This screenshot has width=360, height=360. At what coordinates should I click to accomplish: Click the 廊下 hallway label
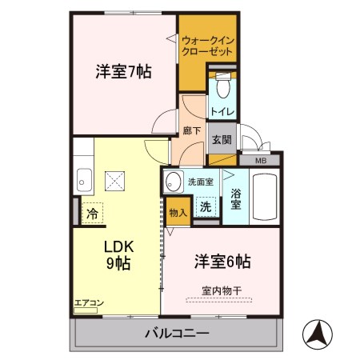tap(191, 130)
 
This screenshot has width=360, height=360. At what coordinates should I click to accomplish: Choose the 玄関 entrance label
tap(222, 138)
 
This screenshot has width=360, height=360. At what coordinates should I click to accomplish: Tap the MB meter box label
tap(261, 161)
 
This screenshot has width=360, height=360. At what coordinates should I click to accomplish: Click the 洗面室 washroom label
tap(200, 182)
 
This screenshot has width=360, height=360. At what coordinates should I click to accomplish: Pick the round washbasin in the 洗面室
tap(174, 183)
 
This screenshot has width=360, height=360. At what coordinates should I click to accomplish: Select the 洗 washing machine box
tap(206, 206)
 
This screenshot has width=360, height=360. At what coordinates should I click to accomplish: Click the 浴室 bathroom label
tap(235, 198)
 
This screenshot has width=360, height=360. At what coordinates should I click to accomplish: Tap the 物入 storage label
tap(178, 212)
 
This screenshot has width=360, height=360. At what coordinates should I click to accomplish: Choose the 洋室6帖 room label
tap(223, 262)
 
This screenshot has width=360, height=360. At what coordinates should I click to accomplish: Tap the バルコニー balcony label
tap(178, 333)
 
